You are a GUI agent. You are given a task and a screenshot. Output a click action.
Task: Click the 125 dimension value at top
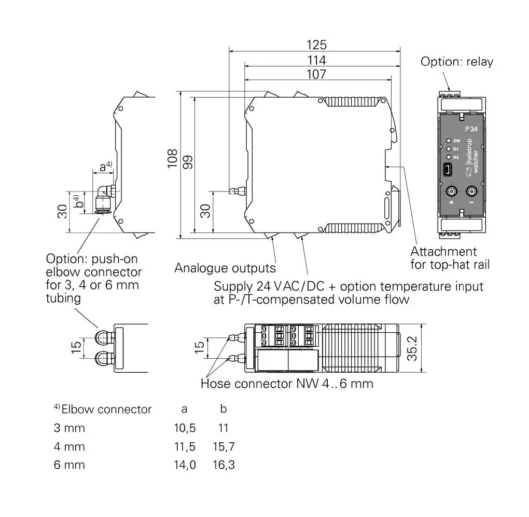pos(316,45)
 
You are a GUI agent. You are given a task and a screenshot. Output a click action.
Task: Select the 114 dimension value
pos(316,60)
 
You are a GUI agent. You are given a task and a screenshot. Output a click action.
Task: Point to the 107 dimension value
pos(316,74)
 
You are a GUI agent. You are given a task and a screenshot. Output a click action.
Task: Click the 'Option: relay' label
pos(456,62)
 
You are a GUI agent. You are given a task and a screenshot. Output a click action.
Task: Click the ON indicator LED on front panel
pos(448,141)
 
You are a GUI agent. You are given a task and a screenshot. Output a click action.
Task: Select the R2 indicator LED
pos(448,157)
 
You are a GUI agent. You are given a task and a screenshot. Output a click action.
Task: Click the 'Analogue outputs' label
pos(225,268)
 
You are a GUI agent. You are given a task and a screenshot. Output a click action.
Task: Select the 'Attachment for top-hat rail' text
pos(450,258)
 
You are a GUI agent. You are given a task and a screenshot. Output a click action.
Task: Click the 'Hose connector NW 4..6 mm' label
pos(287,384)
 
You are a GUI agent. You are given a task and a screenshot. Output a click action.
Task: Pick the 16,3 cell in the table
pos(224,465)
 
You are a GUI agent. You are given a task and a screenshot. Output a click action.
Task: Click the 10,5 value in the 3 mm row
pos(185,428)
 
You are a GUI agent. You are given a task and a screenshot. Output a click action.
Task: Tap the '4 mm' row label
pos(69,446)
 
